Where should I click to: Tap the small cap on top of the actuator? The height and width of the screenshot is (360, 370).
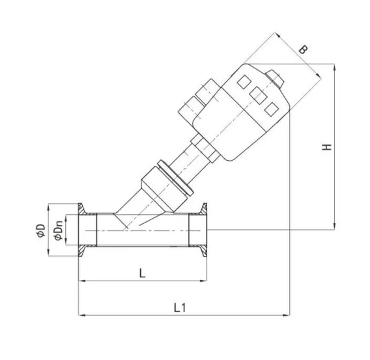click(276, 79)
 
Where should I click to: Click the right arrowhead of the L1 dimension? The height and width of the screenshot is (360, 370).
click(287, 315)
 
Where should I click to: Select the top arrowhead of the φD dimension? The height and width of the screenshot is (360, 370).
click(48, 206)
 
